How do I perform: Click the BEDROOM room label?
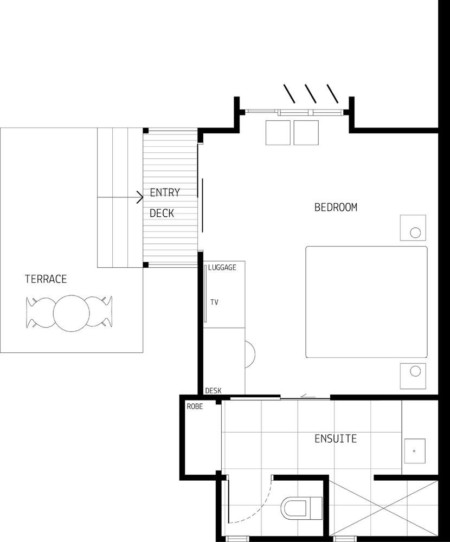pyautogui.click(x=336, y=208)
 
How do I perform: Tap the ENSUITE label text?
pyautogui.click(x=336, y=438)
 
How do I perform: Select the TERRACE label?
pyautogui.click(x=46, y=279)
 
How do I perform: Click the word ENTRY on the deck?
pyautogui.click(x=165, y=192)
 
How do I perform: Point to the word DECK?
pyautogui.click(x=162, y=213)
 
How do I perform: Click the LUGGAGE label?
pyautogui.click(x=222, y=268)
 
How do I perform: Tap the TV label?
pyautogui.click(x=215, y=302)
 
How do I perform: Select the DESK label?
pyautogui.click(x=213, y=391)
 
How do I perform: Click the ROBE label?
pyautogui.click(x=195, y=406)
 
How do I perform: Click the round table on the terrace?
pyautogui.click(x=71, y=313)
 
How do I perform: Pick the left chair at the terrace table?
pyautogui.click(x=40, y=313)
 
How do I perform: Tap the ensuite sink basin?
pyautogui.click(x=415, y=451)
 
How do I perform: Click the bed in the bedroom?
pyautogui.click(x=367, y=302)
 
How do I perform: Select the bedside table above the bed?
pyautogui.click(x=413, y=228)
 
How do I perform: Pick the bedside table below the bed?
pyautogui.click(x=413, y=376)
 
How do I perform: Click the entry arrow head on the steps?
pyautogui.click(x=140, y=197)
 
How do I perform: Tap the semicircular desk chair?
pyautogui.click(x=250, y=354)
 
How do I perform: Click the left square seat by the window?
pyautogui.click(x=278, y=133)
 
